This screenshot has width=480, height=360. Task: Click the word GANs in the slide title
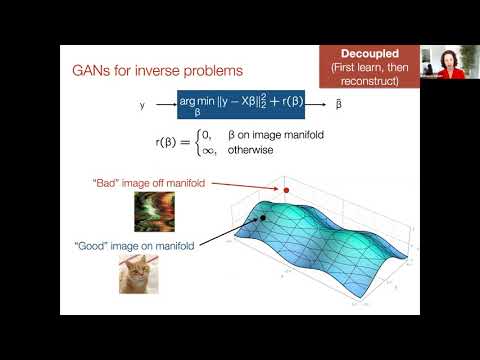pos(89,72)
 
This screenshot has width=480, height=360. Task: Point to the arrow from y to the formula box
pos(162,104)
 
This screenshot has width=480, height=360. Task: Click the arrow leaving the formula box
pos(317,104)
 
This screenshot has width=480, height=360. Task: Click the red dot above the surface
pos(285,189)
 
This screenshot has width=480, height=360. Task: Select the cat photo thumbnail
pos(141,273)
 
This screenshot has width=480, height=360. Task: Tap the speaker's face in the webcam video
pos(445,58)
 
